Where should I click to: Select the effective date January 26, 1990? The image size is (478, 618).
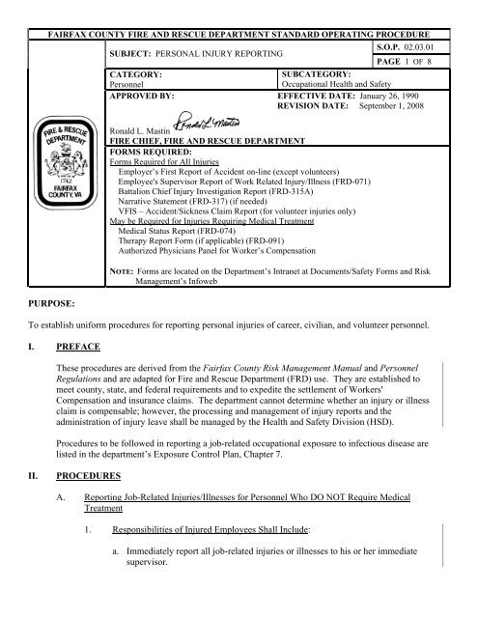391,98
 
